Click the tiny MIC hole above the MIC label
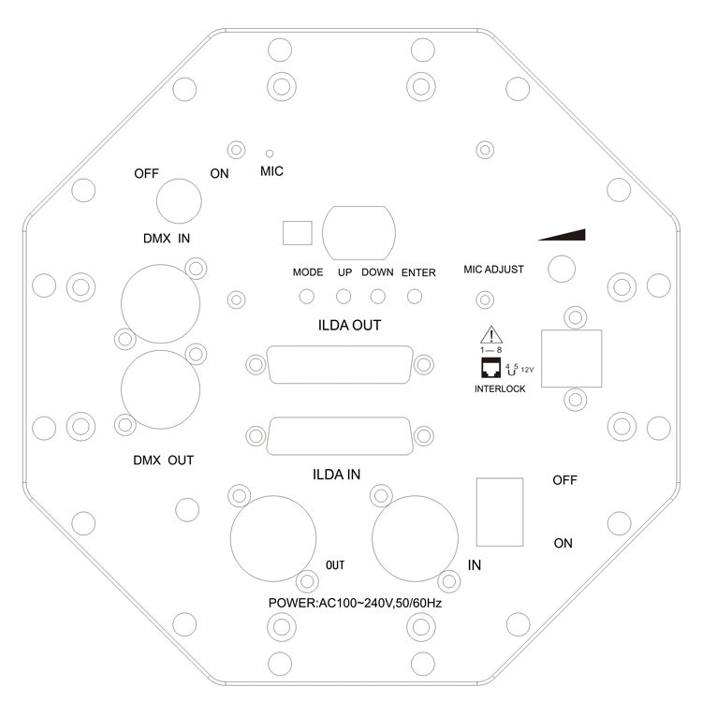coord(270,153)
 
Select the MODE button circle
coord(306,297)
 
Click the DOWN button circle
coord(378,297)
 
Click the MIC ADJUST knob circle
coord(561,270)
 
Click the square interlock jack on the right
coord(572,357)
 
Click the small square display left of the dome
coord(296,231)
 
